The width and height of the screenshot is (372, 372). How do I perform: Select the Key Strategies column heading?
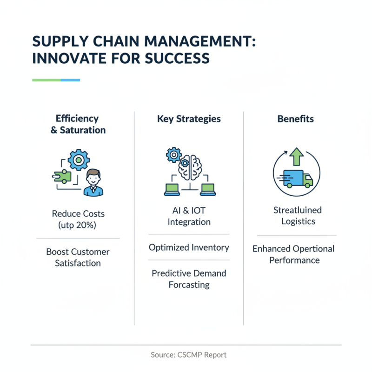[188, 119]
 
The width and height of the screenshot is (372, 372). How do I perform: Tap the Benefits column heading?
[295, 119]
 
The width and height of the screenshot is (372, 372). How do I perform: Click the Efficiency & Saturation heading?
[78, 124]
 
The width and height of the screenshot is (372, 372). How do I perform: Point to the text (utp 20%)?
[78, 225]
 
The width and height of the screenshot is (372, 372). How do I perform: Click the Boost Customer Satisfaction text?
[78, 257]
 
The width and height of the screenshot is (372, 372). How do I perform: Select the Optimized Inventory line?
[189, 247]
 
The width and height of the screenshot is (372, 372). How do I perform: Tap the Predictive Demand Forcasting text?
[189, 278]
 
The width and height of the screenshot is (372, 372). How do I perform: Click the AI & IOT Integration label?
[189, 216]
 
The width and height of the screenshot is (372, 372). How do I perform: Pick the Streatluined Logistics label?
[298, 216]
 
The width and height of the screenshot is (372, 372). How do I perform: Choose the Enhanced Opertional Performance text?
[293, 254]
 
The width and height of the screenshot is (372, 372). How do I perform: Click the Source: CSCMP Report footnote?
[188, 355]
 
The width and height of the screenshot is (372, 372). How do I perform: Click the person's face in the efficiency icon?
[94, 178]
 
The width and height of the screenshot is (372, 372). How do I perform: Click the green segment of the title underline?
[46, 80]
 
